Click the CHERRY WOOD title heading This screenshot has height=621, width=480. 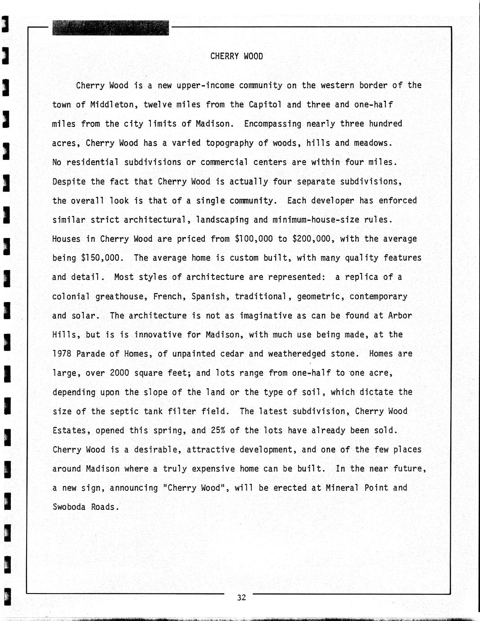point(236,57)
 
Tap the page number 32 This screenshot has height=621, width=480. point(241,598)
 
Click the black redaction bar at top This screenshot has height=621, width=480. point(110,28)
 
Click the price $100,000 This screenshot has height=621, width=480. point(254,239)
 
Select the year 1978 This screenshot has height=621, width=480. point(62,354)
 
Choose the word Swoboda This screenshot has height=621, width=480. point(69,507)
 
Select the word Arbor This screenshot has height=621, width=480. point(400,316)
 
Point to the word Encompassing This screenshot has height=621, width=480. point(272,124)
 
